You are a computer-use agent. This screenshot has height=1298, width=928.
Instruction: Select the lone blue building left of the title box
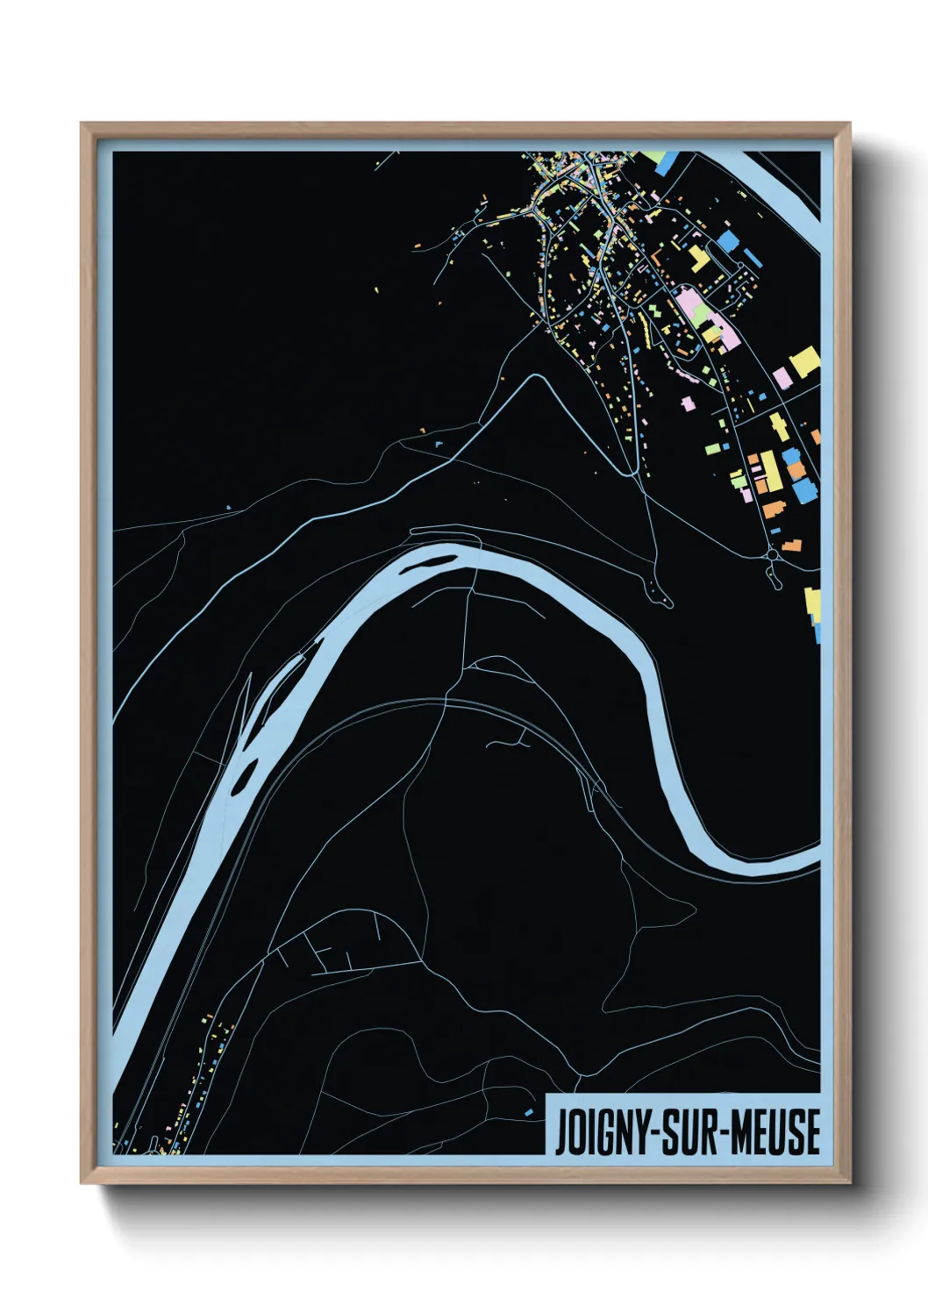click(528, 1112)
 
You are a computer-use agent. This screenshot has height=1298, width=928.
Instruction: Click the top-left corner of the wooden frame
click(83, 125)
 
